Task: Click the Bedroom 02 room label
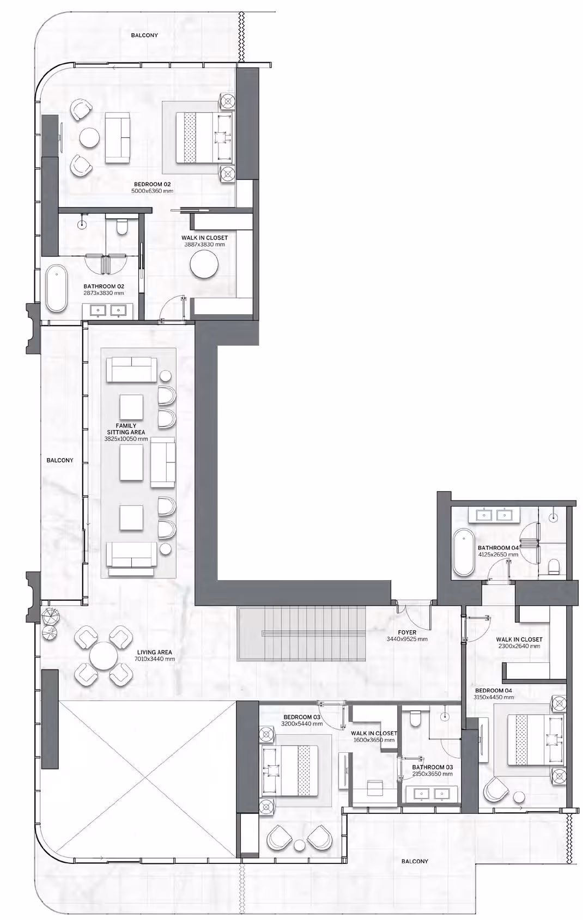coord(152,185)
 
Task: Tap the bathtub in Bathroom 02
coord(56,289)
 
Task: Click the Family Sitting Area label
coord(126,429)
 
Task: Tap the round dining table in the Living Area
coord(104,656)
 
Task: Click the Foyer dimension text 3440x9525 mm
coord(407,639)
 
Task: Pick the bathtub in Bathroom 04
coord(464,552)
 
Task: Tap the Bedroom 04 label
coord(494,691)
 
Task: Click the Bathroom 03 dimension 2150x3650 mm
coord(432,774)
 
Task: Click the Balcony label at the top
coord(144,35)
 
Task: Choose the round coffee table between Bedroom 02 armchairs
coord(89,138)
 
